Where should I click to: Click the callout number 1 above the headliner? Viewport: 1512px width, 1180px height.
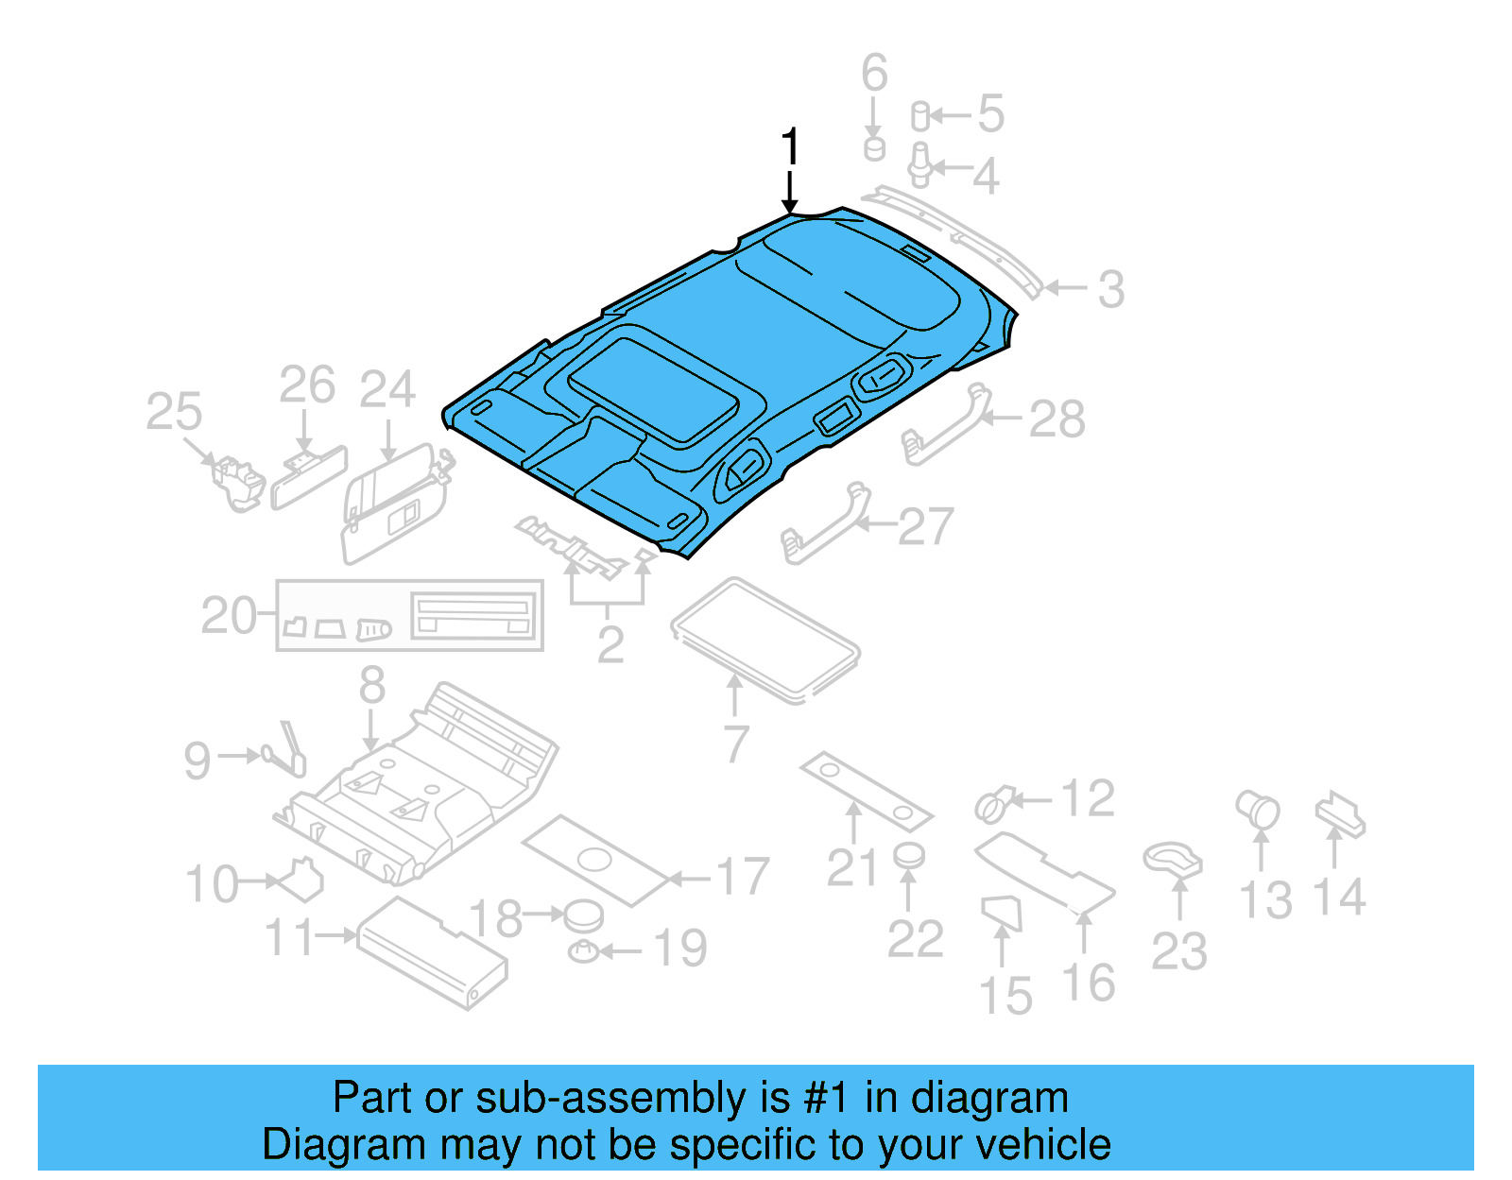click(x=790, y=148)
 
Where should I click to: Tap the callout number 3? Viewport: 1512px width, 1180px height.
click(x=1111, y=289)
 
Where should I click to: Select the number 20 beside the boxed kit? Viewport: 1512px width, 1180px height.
click(x=229, y=616)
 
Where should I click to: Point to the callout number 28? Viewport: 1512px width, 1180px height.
click(x=1057, y=419)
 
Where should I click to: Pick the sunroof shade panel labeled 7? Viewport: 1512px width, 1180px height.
click(x=765, y=641)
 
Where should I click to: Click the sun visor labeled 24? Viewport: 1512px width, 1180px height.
click(x=389, y=505)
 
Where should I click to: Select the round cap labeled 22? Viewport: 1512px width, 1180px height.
click(x=909, y=856)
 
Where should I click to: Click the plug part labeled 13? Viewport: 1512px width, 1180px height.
click(x=1258, y=810)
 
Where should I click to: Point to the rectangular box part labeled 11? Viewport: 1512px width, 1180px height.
click(x=431, y=952)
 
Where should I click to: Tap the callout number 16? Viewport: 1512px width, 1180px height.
click(x=1089, y=983)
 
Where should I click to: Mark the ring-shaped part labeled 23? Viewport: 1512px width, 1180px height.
click(x=1173, y=860)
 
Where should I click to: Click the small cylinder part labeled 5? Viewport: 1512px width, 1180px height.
click(x=919, y=117)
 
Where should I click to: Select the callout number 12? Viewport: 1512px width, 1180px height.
click(x=1088, y=799)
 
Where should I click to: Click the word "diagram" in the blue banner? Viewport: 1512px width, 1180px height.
click(x=989, y=1098)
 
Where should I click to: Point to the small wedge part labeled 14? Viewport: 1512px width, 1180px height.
click(x=1340, y=814)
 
